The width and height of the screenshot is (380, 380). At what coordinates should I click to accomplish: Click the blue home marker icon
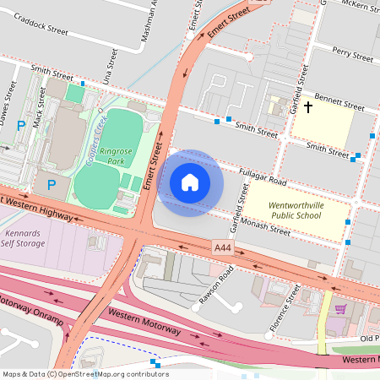(190, 182)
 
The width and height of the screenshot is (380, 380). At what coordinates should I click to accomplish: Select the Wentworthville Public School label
(296, 210)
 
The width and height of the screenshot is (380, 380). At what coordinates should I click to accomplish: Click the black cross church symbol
(308, 107)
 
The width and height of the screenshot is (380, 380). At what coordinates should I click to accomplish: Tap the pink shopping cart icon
(340, 309)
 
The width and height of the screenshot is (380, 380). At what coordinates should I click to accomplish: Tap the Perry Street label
(352, 55)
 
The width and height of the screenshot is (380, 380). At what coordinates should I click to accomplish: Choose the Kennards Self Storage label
(24, 237)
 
